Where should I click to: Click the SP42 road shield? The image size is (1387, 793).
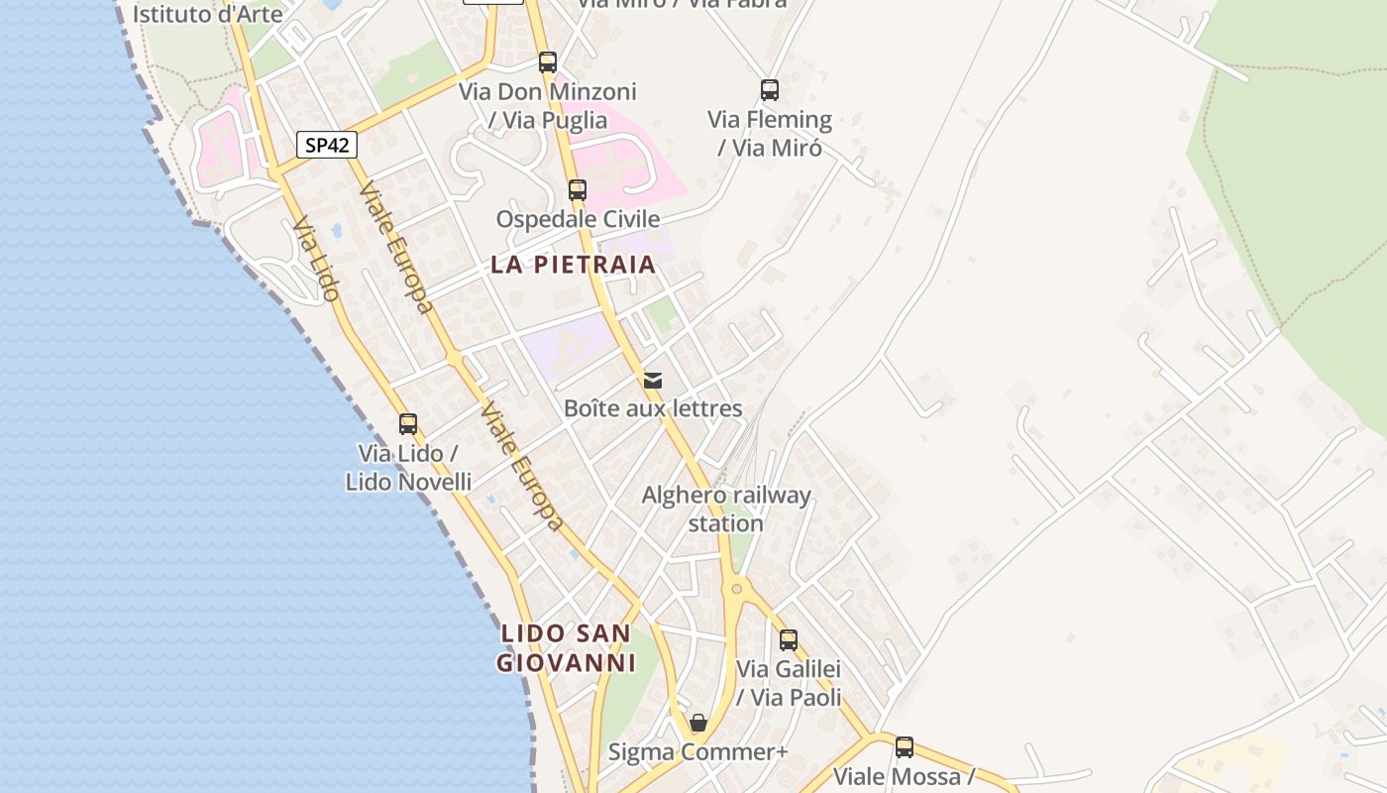[x=326, y=145]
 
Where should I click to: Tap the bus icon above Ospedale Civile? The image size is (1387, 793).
[x=577, y=189]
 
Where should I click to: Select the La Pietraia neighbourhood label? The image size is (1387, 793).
[x=574, y=265]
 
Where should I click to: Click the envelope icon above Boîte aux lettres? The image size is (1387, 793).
[x=652, y=380]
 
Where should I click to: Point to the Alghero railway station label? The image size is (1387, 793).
[x=726, y=509]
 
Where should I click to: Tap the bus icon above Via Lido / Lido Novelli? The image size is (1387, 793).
[x=407, y=424]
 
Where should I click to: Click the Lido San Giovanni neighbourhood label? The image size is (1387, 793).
[x=565, y=647]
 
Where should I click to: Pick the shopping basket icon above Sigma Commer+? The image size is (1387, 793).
[x=698, y=723]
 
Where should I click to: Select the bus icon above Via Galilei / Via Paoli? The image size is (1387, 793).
[x=789, y=640]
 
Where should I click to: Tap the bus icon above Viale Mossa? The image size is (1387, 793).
[x=905, y=747]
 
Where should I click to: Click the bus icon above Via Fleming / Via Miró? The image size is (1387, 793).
[x=770, y=90]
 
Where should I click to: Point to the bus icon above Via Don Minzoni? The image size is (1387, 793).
[x=548, y=62]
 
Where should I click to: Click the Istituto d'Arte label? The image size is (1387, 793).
[x=207, y=14]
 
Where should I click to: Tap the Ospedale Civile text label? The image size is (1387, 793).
[x=578, y=218]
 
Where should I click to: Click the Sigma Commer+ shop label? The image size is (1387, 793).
[x=697, y=751]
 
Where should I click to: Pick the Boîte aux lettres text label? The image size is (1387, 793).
[x=652, y=407]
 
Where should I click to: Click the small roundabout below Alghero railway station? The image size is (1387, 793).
[x=736, y=588]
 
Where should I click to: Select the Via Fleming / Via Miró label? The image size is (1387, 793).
[x=770, y=133]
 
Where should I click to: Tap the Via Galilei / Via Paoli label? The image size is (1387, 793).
[x=789, y=683]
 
